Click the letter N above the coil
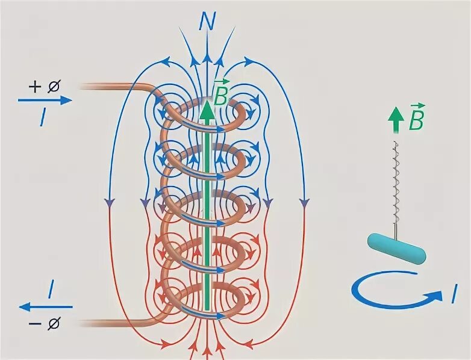(208, 22)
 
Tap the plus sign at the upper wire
(34, 86)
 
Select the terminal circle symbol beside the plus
(54, 87)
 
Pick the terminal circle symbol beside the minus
(54, 324)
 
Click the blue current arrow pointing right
(45, 100)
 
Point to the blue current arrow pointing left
(46, 307)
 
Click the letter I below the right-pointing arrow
(43, 118)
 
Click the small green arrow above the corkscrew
(395, 123)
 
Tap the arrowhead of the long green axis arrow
(207, 110)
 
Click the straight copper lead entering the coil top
(114, 85)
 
